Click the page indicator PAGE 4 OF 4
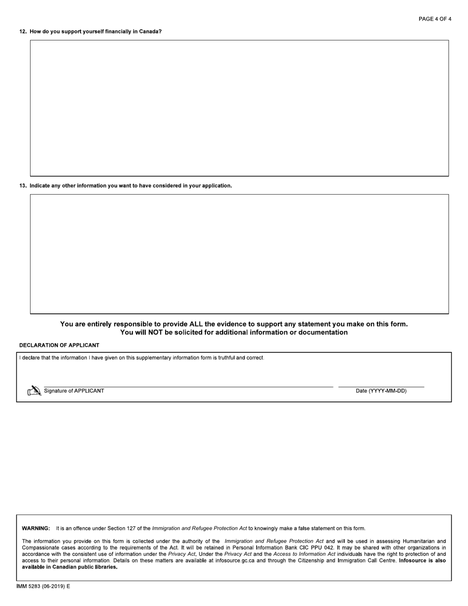point(435,19)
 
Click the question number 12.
point(23,32)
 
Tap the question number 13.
point(23,186)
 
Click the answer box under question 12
point(239,108)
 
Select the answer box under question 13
point(239,254)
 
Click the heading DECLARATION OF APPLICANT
point(59,345)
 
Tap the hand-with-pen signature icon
point(34,391)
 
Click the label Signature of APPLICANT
point(74,391)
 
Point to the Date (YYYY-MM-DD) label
point(381,391)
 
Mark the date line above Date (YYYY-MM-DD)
point(381,386)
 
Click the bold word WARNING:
point(36,529)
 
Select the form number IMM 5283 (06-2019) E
point(43,587)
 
